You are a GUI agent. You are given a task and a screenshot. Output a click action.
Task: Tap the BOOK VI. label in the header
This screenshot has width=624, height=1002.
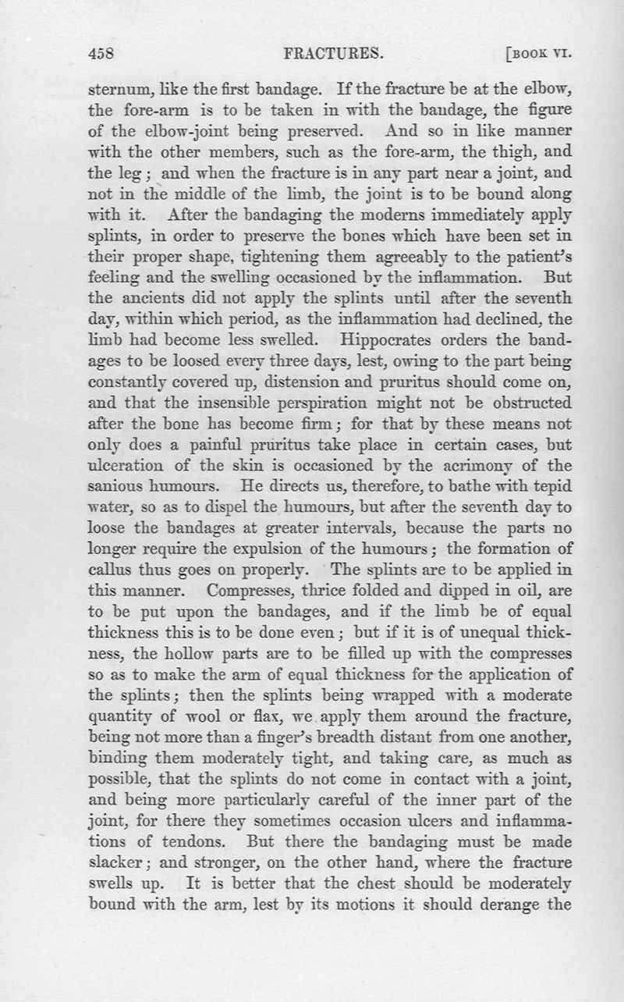click(x=540, y=55)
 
